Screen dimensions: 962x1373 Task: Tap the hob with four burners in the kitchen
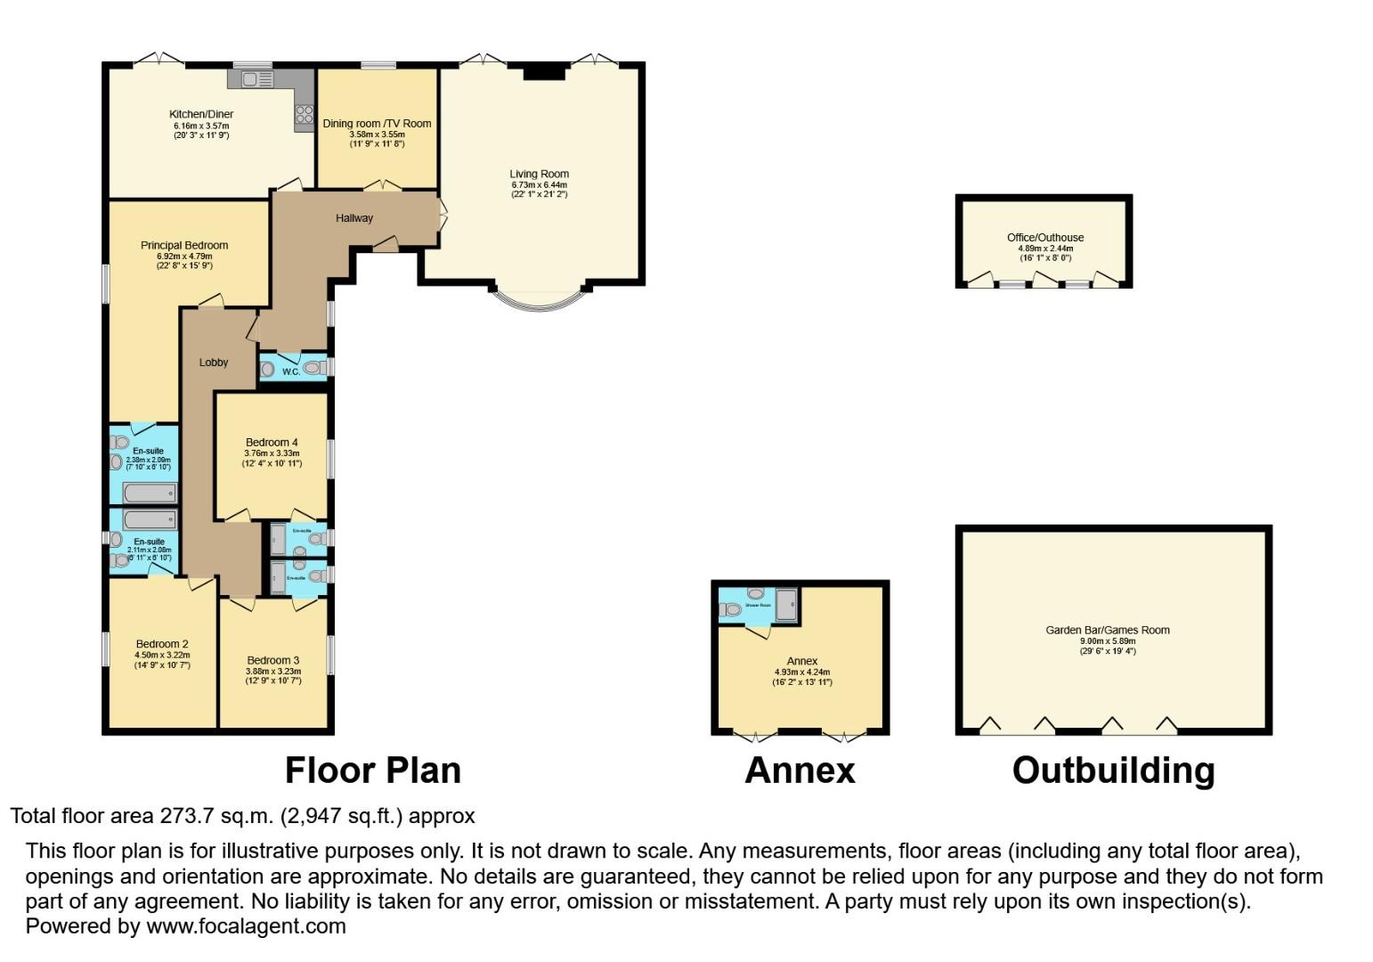point(304,114)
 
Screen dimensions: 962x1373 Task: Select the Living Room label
point(539,175)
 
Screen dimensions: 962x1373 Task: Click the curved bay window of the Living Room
point(538,302)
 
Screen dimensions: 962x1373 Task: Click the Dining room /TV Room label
point(377,124)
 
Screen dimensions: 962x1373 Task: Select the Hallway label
point(354,218)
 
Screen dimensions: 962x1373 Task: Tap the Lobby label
point(214,362)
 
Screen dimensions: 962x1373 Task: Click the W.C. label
point(291,372)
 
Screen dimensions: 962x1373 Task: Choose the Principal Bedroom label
point(184,246)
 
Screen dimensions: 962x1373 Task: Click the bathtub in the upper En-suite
point(150,493)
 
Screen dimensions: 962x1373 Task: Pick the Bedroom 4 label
point(272,443)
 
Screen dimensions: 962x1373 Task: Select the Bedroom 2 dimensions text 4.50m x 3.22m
point(162,656)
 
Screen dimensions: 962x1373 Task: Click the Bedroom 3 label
point(273,660)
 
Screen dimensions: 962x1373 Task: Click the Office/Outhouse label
point(1045,238)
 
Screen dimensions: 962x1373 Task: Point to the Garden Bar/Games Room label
point(1108,631)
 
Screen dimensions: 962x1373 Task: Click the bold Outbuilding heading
point(1113,770)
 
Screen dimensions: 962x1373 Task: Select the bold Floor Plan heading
point(373,770)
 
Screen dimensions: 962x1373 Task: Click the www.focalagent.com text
point(246,926)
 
